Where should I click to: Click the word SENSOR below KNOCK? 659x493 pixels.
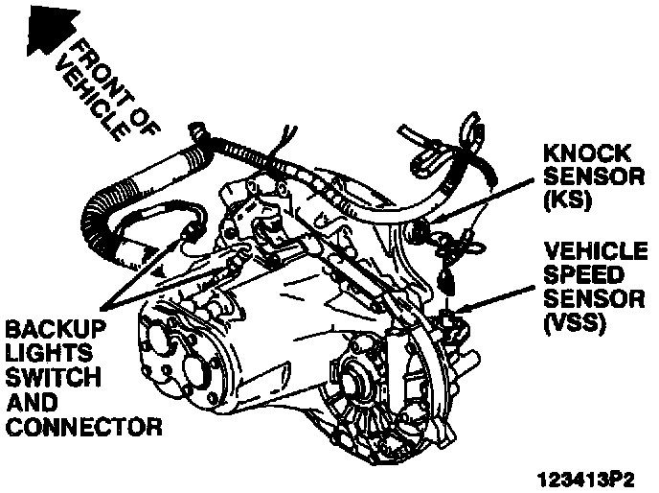(585, 177)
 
